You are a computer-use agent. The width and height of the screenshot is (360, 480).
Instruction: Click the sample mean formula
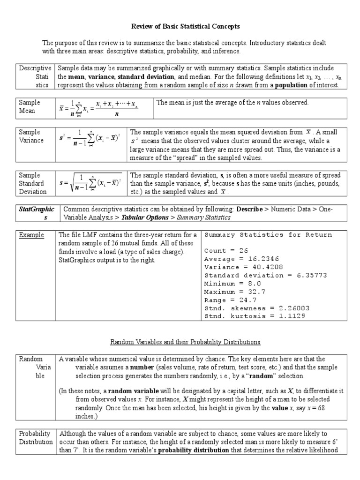point(99,108)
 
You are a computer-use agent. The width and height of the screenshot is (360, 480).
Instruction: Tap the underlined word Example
point(29,235)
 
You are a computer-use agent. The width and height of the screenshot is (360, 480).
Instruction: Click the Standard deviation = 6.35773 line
point(266,275)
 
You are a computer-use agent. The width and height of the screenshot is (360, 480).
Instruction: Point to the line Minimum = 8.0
point(232,284)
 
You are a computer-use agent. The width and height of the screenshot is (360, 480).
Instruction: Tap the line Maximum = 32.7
point(234,292)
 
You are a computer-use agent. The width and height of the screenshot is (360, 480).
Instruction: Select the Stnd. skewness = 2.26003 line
point(257,308)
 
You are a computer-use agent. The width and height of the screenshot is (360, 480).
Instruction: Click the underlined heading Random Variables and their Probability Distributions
point(185,342)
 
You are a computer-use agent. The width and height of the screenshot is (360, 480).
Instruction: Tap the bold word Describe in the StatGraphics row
point(249,209)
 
